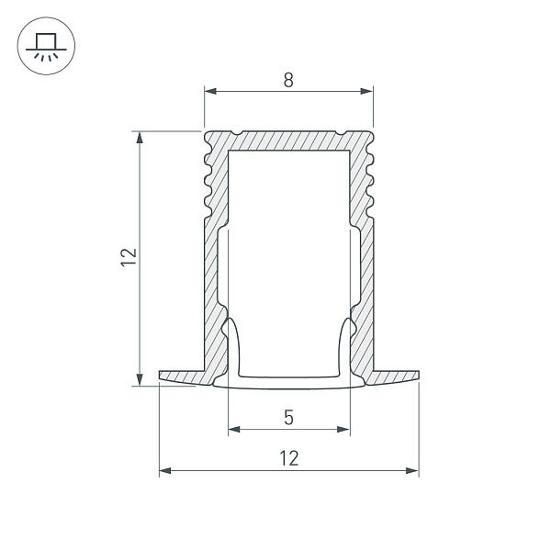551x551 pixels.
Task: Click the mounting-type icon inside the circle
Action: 43,45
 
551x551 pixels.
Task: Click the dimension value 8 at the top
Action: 288,80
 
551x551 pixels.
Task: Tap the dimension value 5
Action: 288,418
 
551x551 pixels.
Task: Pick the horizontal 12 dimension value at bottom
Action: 288,458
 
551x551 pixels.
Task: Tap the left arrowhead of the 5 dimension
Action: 233,429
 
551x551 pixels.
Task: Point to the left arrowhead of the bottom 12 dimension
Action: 165,471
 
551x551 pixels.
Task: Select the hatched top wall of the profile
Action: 288,140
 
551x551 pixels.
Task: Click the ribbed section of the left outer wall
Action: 209,179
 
